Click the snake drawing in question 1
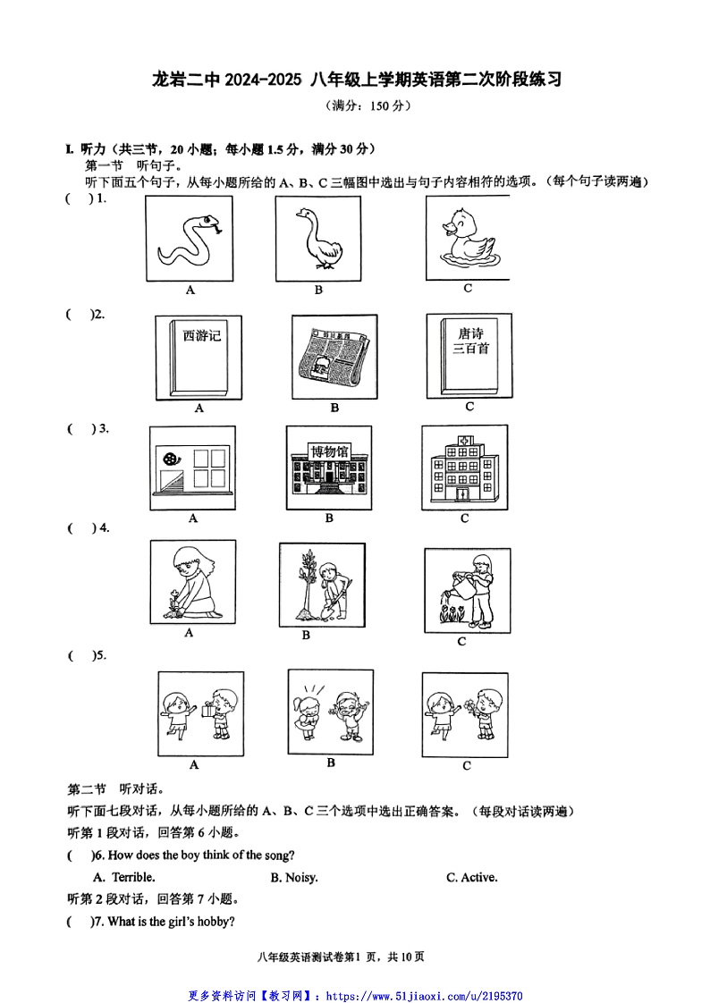tap(189, 239)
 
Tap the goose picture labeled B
tap(317, 238)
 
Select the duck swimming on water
tap(467, 238)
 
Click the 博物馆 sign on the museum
tap(328, 450)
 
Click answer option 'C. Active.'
tap(472, 877)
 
